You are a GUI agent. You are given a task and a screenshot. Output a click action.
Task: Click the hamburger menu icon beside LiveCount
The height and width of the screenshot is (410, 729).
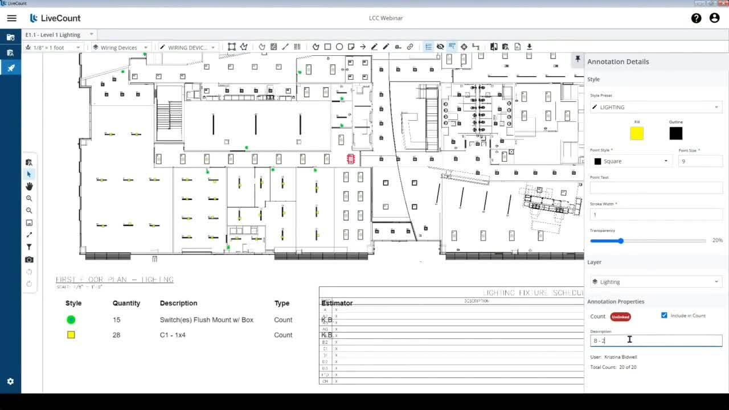coord(11,18)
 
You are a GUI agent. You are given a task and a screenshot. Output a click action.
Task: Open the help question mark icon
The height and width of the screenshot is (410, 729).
coord(696,18)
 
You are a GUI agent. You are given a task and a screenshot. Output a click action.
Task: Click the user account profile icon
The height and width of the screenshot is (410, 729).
coord(714,18)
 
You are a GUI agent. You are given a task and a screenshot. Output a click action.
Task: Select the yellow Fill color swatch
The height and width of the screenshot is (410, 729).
coord(637,133)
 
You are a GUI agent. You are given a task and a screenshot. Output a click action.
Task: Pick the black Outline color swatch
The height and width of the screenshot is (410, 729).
coord(675,133)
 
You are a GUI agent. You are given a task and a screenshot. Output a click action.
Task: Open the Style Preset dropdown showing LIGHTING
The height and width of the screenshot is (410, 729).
coord(656,107)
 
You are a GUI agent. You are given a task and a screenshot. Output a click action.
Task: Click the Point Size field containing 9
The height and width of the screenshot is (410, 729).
coord(700,161)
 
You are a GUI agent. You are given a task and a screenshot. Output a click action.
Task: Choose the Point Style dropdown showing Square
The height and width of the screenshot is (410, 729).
coord(631,161)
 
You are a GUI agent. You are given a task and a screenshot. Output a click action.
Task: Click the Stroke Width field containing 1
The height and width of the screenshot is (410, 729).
coord(656,215)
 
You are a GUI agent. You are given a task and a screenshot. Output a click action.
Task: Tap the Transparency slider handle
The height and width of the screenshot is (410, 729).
coord(621,241)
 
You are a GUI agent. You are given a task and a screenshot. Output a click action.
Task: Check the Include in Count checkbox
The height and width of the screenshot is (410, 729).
coord(664,315)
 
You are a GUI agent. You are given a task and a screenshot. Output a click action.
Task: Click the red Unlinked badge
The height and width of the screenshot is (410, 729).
coord(620,317)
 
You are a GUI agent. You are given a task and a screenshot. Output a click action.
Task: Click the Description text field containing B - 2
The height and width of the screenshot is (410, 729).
coord(656,341)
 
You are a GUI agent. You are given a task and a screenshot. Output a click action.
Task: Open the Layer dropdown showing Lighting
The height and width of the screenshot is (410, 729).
coord(656,282)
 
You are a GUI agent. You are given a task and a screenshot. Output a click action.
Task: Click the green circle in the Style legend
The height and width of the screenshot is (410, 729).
coord(71,320)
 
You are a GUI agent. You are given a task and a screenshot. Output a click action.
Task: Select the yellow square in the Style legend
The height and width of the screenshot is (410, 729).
coord(71,335)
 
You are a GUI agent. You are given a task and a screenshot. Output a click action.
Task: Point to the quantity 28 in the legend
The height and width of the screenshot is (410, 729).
coord(116,335)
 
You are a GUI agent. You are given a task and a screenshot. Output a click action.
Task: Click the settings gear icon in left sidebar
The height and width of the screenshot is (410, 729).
coord(10,382)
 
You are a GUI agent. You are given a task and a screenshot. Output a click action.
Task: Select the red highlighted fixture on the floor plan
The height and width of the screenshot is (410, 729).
coord(351,159)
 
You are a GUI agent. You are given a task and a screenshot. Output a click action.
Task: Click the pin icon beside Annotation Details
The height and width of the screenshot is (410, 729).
coord(578,59)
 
